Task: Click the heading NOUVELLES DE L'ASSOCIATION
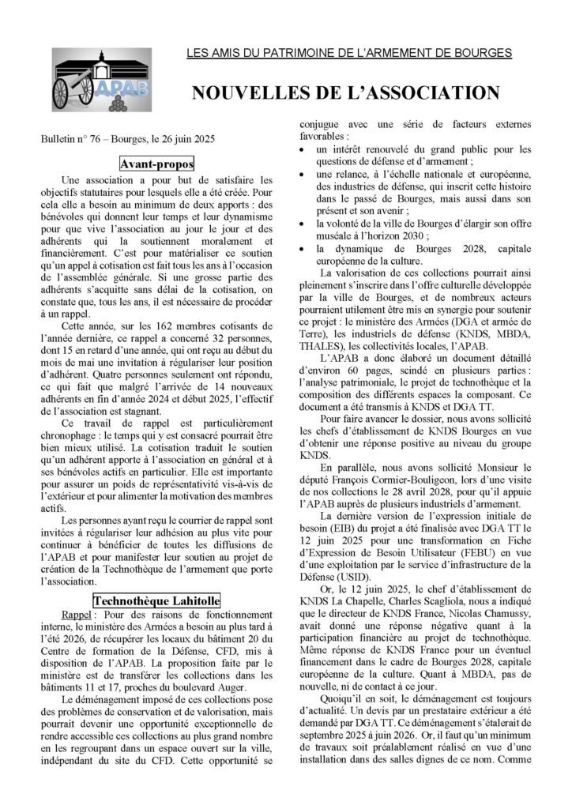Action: pyautogui.click(x=345, y=93)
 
